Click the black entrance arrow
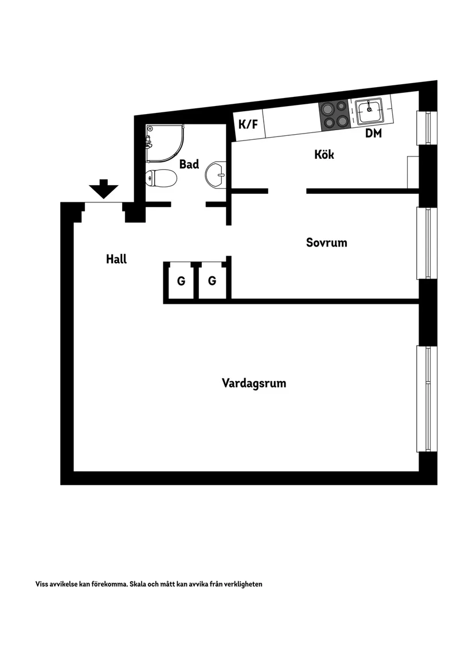(x=104, y=189)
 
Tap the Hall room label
(x=116, y=259)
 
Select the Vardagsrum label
(x=254, y=384)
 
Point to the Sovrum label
(x=326, y=242)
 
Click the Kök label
(x=324, y=155)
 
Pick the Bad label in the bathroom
(x=189, y=165)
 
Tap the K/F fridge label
(x=248, y=124)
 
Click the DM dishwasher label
(x=374, y=134)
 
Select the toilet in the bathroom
(x=161, y=178)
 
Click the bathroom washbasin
(x=217, y=174)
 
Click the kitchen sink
(x=370, y=111)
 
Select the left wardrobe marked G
(x=181, y=281)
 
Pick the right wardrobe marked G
(x=212, y=281)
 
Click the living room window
(x=427, y=398)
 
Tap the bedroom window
(x=427, y=243)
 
